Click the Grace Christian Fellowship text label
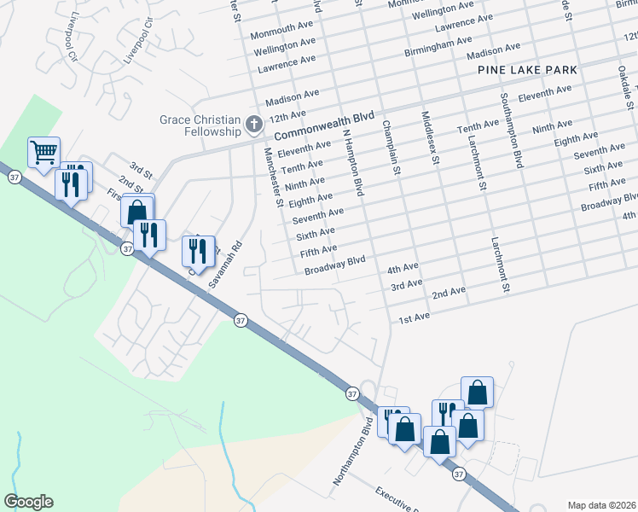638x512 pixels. tap(200, 125)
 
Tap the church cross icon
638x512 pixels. tap(253, 125)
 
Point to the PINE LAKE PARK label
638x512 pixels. tap(527, 70)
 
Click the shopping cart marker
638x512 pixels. tap(43, 153)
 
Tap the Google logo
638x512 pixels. tap(27, 502)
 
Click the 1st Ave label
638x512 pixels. tap(415, 318)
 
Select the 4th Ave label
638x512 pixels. tap(403, 268)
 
